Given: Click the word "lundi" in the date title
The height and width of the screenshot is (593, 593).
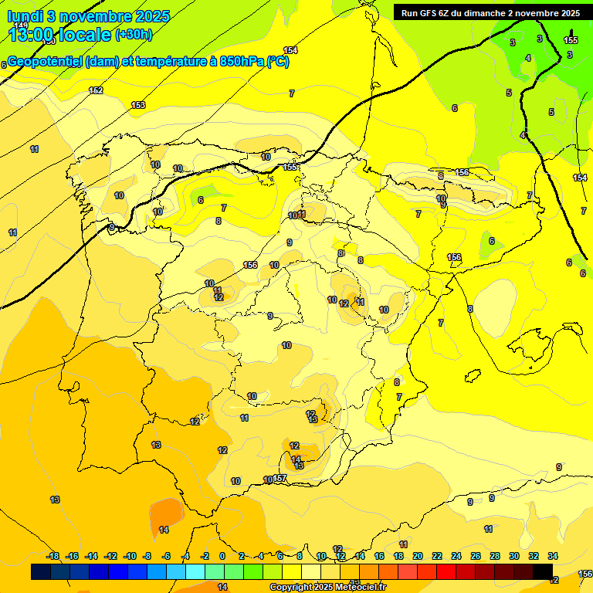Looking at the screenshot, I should [23, 16].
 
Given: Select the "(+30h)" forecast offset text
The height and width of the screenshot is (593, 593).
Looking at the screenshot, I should [134, 35].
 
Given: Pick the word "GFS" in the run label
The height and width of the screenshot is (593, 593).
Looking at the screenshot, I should [430, 13].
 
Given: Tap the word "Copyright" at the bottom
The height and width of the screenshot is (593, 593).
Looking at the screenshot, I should [291, 588].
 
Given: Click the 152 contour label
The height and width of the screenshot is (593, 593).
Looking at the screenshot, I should [96, 90].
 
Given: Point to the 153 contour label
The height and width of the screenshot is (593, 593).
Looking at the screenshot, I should [138, 105].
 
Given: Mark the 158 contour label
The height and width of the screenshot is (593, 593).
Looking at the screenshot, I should [462, 172].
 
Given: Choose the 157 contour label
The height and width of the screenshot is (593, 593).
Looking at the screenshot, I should [280, 479].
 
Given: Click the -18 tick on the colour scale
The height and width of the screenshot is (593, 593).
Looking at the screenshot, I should [53, 556].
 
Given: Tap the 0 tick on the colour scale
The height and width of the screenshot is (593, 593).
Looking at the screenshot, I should [222, 556].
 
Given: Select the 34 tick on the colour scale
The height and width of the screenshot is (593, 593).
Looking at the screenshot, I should [553, 556].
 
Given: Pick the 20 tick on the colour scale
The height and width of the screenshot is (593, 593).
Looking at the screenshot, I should [418, 556].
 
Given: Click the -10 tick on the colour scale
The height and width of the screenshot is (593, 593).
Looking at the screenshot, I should [130, 556].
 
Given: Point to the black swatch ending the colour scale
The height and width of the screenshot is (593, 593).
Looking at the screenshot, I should [543, 571].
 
